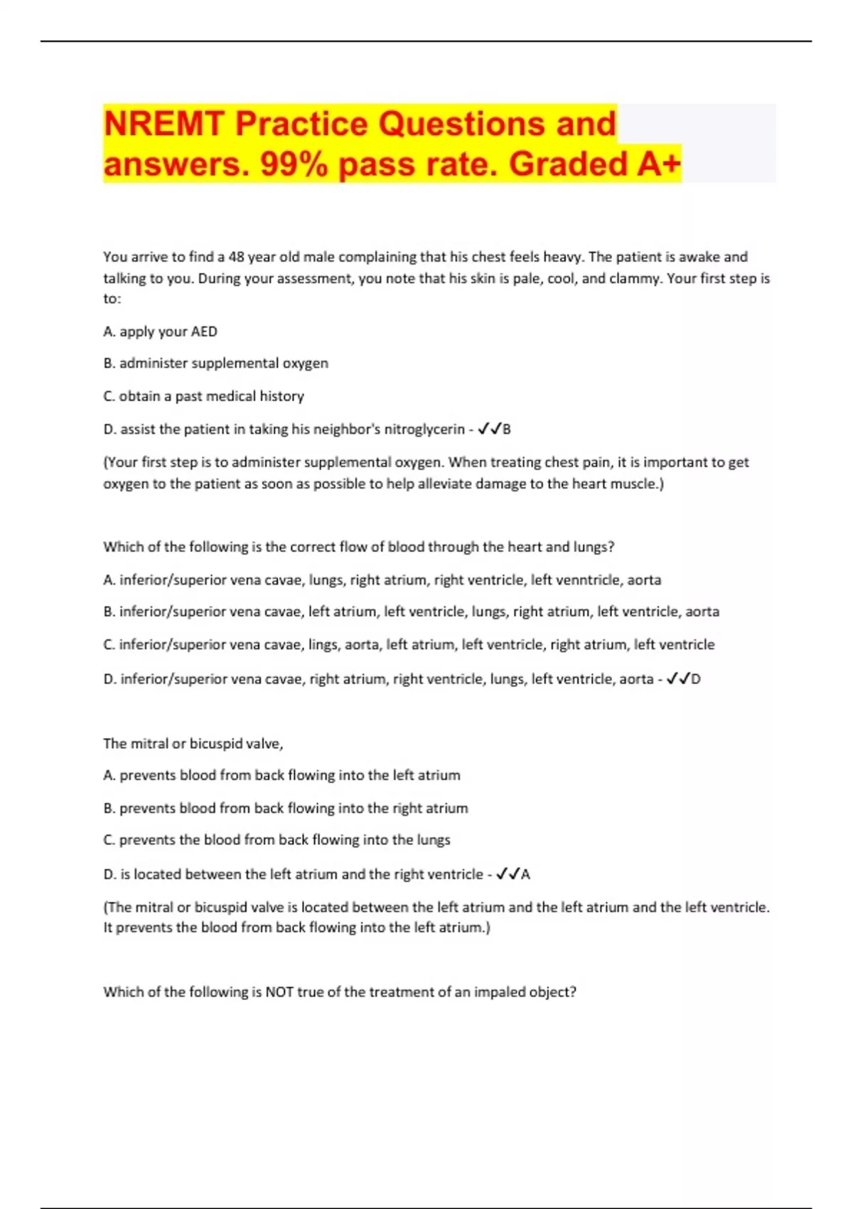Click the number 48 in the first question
pos(236,257)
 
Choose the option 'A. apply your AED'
pos(160,331)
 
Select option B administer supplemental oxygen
pos(215,363)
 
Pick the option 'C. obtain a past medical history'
pos(203,396)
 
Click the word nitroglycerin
pos(424,429)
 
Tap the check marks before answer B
pos(489,429)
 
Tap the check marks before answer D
pos(677,678)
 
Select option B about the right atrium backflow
pos(285,808)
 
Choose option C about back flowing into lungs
pos(277,840)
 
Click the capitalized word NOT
pos(279,991)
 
